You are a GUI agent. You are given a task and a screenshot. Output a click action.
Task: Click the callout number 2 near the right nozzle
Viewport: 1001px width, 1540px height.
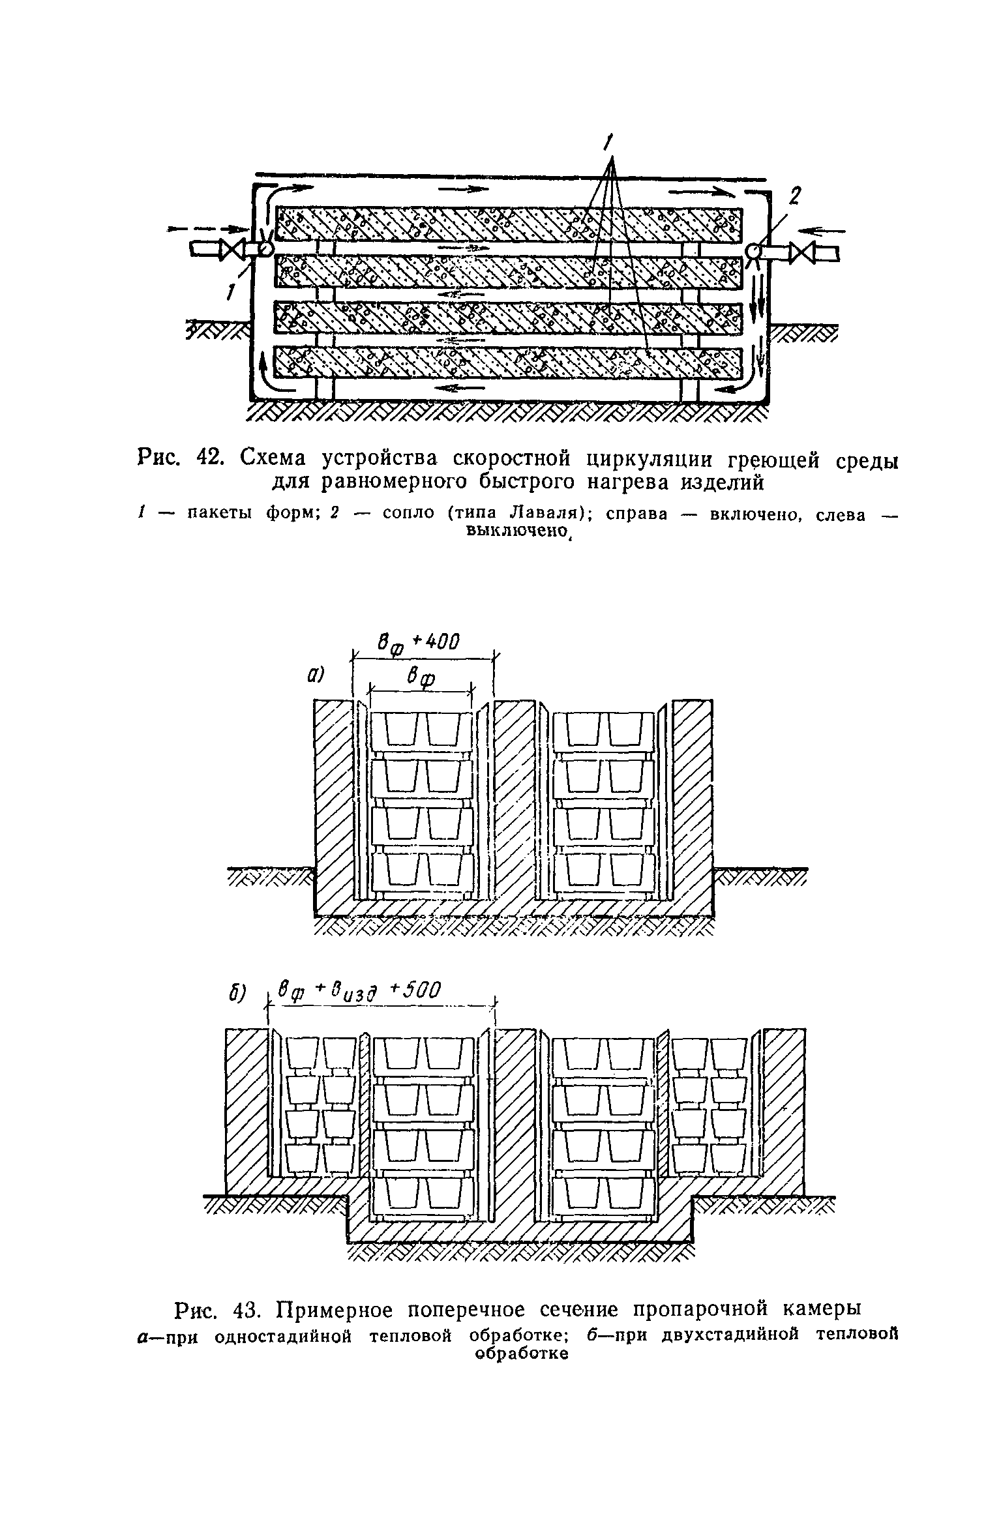[x=795, y=196]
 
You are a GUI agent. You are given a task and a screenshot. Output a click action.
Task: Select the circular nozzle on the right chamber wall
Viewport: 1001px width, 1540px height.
[x=754, y=252]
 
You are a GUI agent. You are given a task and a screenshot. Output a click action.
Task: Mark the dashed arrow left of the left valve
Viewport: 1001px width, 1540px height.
[x=206, y=229]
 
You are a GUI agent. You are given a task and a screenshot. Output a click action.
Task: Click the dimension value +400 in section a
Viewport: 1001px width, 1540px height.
[x=436, y=642]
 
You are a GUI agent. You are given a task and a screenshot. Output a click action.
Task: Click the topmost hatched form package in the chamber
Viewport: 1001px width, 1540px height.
[x=509, y=224]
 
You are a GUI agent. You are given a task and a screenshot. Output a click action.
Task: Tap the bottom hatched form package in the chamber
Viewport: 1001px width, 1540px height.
[x=509, y=362]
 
